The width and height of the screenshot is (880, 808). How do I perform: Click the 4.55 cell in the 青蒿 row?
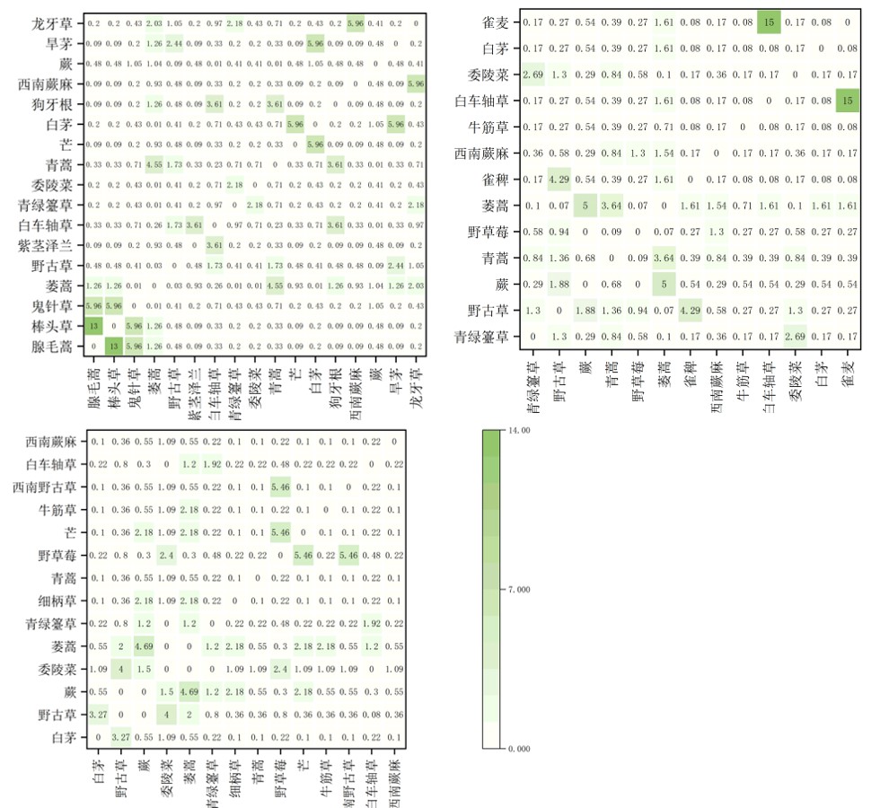tap(154, 164)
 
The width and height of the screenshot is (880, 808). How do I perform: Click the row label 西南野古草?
tap(48, 487)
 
